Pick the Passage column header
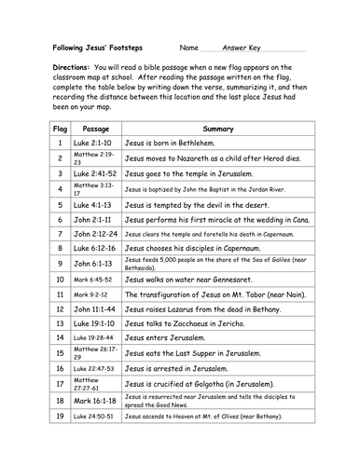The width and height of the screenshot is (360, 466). tap(96, 128)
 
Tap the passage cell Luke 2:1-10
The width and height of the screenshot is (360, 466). tap(96, 144)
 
